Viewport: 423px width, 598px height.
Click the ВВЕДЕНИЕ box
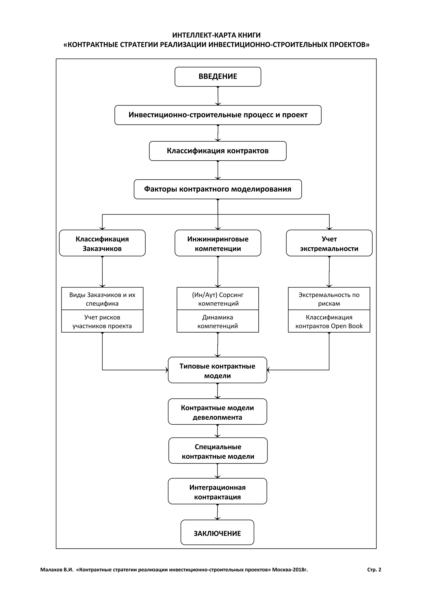click(218, 77)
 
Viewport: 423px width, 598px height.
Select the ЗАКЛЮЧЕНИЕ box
click(217, 533)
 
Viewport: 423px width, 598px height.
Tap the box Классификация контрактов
click(218, 151)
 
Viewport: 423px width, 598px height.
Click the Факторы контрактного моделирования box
click(218, 189)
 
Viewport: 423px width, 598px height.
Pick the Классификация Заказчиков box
click(102, 243)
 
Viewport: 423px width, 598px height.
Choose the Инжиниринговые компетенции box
click(218, 243)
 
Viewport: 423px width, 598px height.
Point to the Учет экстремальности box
click(329, 243)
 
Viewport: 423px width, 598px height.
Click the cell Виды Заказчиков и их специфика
click(102, 299)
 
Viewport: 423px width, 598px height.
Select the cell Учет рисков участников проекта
click(102, 321)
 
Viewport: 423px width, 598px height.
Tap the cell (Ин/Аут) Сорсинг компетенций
click(218, 299)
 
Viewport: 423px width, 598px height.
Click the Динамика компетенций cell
click(218, 321)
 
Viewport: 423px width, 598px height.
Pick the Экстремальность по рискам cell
click(329, 299)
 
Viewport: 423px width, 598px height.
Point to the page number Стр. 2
click(374, 570)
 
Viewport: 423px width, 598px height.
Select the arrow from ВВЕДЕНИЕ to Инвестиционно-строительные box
click(218, 96)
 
